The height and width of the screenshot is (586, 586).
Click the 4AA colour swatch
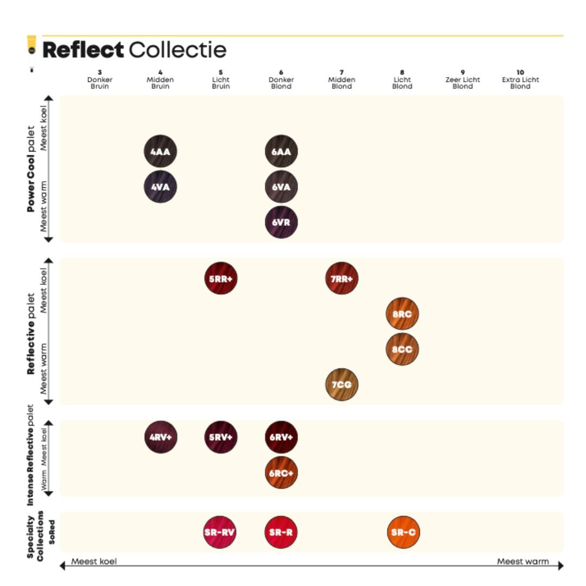pos(161,151)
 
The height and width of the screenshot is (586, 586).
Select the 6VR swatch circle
pos(281,222)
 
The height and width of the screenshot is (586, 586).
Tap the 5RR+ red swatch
pos(221,279)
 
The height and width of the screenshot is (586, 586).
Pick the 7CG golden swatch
pos(342,385)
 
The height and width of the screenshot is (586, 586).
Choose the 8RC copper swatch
pos(402,314)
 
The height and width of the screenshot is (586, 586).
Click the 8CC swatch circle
pos(402,349)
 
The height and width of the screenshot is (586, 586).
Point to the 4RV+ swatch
pos(161,437)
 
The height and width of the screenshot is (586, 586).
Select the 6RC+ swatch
pos(281,472)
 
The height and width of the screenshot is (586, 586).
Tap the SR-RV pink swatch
pos(220,532)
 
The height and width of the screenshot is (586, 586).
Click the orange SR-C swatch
pos(404,532)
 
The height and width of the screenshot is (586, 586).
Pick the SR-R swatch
pos(281,532)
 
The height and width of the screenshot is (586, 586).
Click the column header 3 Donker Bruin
pos(100,79)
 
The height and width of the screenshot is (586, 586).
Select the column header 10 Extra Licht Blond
pos(520,79)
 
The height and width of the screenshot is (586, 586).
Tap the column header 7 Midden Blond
pos(342,79)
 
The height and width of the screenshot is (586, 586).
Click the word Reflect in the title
pos(83,50)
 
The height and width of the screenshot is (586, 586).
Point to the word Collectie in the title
pos(177,50)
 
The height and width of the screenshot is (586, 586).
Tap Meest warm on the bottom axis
pos(523,561)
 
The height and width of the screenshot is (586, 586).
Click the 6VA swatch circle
pos(281,187)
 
